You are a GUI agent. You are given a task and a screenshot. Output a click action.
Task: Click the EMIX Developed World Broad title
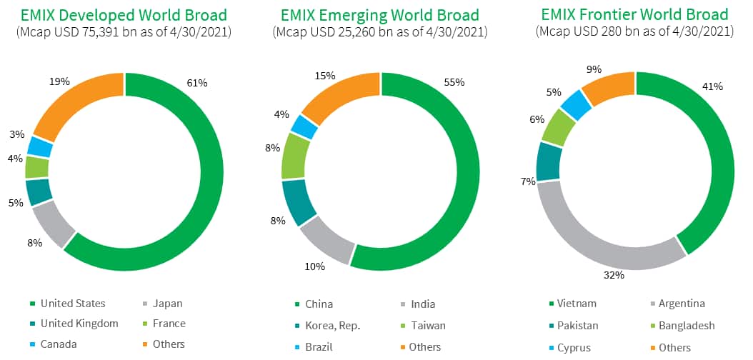click(124, 15)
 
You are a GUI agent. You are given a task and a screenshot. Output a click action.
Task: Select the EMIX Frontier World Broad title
click(634, 15)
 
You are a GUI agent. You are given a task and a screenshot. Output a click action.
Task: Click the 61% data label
click(197, 83)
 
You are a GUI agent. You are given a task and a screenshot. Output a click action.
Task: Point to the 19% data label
click(60, 81)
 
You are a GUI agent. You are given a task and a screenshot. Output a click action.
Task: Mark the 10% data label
click(315, 266)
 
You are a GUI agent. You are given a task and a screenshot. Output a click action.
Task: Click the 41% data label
click(712, 86)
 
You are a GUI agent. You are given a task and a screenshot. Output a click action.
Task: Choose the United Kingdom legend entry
click(79, 324)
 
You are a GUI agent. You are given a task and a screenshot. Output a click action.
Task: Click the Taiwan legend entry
click(427, 325)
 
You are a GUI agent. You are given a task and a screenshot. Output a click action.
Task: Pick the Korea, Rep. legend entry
click(332, 325)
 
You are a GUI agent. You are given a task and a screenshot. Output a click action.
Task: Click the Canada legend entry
click(59, 344)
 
